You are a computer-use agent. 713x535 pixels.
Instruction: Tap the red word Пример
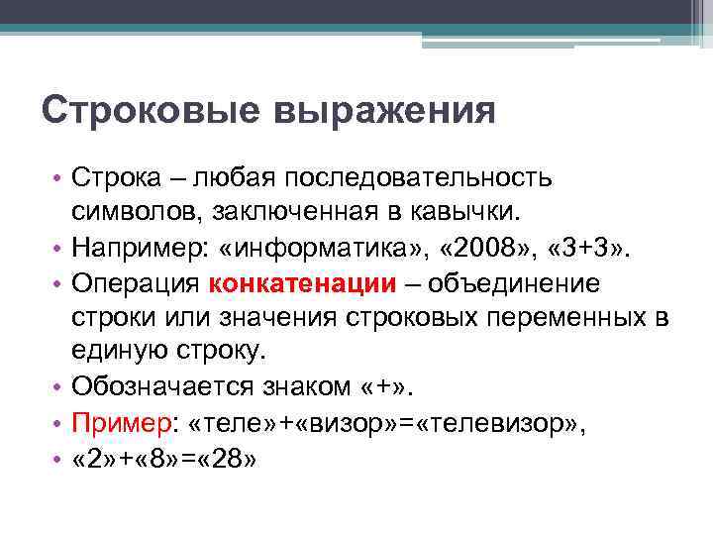(121, 420)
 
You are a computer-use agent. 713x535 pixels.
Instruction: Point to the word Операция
(136, 283)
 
